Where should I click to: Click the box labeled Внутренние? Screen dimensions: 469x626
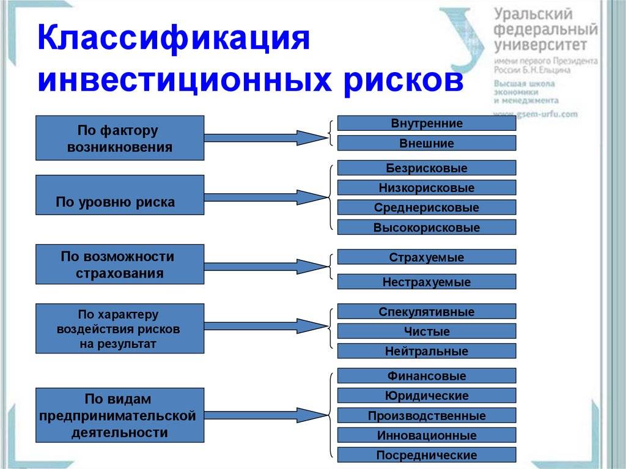(x=427, y=124)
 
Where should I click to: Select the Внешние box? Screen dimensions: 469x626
(x=427, y=144)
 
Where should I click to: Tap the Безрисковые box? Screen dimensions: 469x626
(x=427, y=168)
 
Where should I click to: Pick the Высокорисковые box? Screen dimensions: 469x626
(x=427, y=227)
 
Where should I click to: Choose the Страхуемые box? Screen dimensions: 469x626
(x=427, y=257)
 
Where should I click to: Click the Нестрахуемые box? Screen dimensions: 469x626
(x=427, y=282)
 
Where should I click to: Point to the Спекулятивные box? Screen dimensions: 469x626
(x=427, y=312)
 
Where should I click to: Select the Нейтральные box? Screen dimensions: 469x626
(x=427, y=351)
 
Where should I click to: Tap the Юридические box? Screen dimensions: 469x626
(x=427, y=396)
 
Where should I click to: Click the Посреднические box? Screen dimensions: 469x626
(x=427, y=455)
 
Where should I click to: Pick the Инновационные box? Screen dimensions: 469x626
(x=427, y=435)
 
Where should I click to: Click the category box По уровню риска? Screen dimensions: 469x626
(x=119, y=195)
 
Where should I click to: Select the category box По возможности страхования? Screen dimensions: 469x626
(x=119, y=264)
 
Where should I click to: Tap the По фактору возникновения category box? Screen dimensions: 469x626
(x=119, y=138)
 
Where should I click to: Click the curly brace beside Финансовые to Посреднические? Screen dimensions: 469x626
(x=332, y=415)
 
